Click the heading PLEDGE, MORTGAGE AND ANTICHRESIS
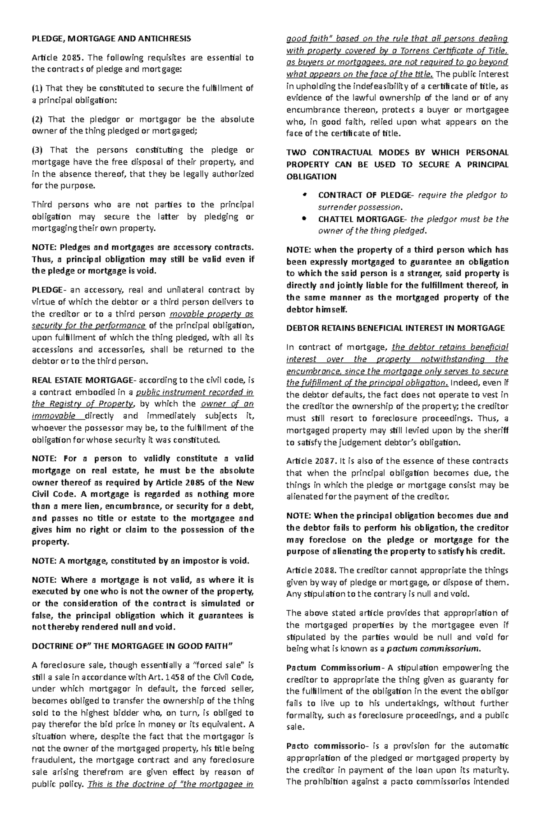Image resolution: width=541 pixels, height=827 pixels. [111, 39]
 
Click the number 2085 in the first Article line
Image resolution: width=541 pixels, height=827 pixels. [72, 58]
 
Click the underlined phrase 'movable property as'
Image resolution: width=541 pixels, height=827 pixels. [210, 314]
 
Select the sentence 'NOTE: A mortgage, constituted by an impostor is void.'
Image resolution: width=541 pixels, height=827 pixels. [140, 561]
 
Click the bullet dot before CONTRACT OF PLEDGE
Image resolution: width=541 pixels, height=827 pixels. [305, 195]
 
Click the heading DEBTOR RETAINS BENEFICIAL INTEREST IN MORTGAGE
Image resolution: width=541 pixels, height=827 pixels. [395, 328]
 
